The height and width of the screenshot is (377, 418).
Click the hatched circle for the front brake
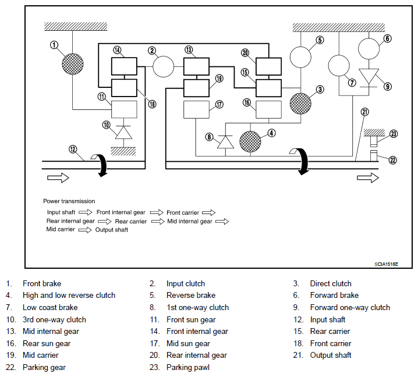pos(73,64)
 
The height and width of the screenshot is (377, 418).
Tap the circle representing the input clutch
pos(163,66)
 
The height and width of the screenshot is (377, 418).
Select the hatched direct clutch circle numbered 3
pos(300,104)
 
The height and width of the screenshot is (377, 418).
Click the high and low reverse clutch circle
pos(250,142)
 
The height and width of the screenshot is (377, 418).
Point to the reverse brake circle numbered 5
pos(300,57)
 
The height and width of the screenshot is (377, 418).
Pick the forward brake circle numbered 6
pos(369,49)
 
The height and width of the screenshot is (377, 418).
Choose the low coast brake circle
pos(339,66)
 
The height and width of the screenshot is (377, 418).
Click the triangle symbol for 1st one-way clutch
pos(225,142)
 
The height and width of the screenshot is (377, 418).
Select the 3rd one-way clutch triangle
pos(123,132)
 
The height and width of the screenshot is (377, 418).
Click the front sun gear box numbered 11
pos(124,109)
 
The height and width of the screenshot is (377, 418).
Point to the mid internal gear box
pos(196,66)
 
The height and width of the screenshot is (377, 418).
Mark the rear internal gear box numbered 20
pos(268,66)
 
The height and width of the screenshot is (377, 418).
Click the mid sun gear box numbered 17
pos(196,109)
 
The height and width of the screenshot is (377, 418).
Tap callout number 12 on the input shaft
pos(73,149)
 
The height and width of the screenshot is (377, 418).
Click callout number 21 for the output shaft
pos(364,112)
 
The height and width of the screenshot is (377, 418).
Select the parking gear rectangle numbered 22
pos(374,156)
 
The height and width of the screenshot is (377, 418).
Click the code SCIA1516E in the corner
pos(387,264)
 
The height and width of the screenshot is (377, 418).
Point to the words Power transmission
pos(69,201)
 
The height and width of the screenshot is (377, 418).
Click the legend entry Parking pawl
pos(188,368)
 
